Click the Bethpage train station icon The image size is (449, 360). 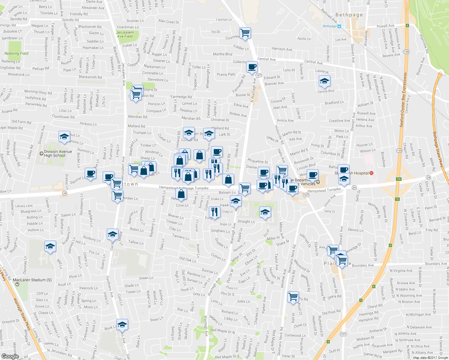pyautogui.click(x=339, y=26)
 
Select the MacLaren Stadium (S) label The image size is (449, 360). pyautogui.click(x=32, y=280)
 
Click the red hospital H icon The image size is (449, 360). pyautogui.click(x=371, y=173)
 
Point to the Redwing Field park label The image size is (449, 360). pyautogui.click(x=16, y=53)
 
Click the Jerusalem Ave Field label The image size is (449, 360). pyautogui.click(x=125, y=34)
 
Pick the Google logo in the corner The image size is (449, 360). pyautogui.click(x=10, y=356)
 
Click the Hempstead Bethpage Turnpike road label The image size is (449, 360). pyautogui.click(x=184, y=188)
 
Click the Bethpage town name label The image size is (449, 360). pyautogui.click(x=349, y=15)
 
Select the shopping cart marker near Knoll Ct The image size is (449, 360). pyautogui.click(x=293, y=297)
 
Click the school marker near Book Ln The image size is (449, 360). pyautogui.click(x=122, y=325)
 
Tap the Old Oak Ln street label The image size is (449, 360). pyautogui.click(x=187, y=259)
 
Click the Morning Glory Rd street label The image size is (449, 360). pyautogui.click(x=38, y=92)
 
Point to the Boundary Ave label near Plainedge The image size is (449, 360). pyautogui.click(x=363, y=265)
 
